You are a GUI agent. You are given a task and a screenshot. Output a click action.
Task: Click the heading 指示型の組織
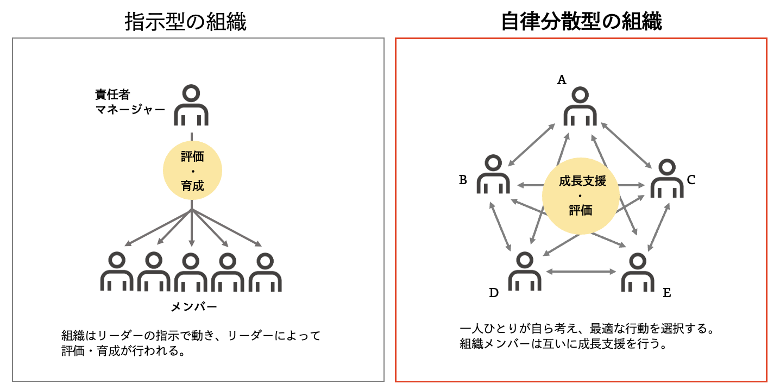(186, 22)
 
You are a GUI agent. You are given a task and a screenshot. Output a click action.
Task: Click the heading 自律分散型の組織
(581, 21)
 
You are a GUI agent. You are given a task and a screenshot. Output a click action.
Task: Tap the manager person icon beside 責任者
(191, 105)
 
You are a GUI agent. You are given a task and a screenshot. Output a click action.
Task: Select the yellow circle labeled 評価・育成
(192, 170)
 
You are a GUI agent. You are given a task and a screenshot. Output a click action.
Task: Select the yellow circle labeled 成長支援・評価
(581, 196)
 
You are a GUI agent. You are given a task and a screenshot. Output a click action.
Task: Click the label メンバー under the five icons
(194, 307)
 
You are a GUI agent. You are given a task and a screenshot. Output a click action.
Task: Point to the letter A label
(562, 80)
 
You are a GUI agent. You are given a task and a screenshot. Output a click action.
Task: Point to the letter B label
(463, 180)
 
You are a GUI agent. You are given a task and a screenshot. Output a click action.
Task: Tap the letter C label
(691, 180)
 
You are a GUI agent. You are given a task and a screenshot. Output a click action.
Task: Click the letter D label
(494, 293)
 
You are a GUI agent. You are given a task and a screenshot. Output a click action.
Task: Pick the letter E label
(667, 293)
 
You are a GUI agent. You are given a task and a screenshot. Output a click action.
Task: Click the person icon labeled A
(580, 106)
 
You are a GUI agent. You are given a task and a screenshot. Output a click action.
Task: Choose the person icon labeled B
(493, 174)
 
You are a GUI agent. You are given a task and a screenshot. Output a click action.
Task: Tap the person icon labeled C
(667, 178)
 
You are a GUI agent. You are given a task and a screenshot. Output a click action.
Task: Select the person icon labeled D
(525, 271)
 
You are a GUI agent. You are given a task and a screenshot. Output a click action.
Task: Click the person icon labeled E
(638, 272)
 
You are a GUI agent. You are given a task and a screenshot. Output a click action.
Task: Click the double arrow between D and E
(581, 272)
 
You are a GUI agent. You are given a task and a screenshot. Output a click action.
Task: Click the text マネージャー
(130, 110)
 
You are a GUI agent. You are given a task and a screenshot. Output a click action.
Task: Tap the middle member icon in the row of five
(191, 272)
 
